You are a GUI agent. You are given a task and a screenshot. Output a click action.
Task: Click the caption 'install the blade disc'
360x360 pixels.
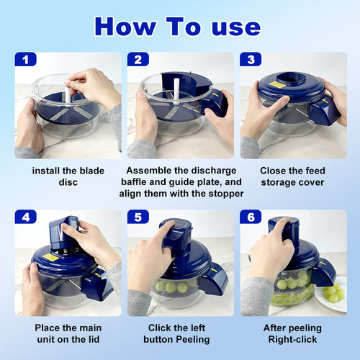68,176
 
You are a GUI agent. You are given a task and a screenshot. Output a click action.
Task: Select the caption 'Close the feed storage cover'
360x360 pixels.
294,176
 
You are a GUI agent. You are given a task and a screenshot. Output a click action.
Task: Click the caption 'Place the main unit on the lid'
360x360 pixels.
68,333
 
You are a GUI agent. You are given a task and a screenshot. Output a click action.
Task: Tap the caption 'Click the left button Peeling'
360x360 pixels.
180,333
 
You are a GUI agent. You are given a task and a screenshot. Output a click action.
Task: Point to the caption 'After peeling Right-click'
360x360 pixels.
294,333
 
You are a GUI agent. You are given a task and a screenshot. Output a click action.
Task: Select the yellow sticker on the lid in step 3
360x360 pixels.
277,85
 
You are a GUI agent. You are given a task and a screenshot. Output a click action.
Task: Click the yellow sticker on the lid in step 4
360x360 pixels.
50,257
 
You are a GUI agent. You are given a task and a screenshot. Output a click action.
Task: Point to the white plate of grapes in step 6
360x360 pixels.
333,295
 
